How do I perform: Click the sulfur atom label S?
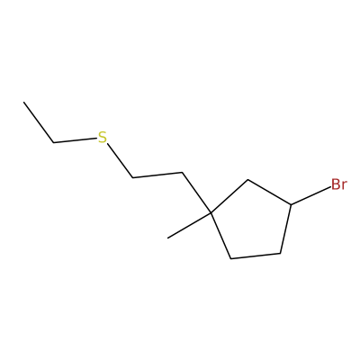(x=103, y=138)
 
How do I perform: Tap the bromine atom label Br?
(x=339, y=184)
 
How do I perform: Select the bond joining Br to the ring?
(x=310, y=196)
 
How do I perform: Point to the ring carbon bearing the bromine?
(x=291, y=204)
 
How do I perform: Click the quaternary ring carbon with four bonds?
(x=211, y=213)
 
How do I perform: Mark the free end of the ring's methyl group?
(x=168, y=238)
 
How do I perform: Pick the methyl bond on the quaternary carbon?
(x=189, y=226)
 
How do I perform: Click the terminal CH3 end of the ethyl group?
(x=23, y=102)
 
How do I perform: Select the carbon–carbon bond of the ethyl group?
(x=39, y=122)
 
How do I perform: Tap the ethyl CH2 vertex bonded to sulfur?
(x=54, y=142)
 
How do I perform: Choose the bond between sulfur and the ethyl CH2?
(x=76, y=140)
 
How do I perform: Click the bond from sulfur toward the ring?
(x=120, y=161)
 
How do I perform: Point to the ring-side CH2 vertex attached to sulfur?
(x=133, y=178)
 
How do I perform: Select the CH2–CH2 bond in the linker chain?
(x=157, y=175)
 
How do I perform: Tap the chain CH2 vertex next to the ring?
(x=182, y=173)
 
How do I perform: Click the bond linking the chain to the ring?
(x=196, y=193)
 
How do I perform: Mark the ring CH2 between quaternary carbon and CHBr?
(x=247, y=180)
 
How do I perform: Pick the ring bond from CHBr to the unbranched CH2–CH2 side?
(x=285, y=229)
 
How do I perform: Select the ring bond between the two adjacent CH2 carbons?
(x=256, y=256)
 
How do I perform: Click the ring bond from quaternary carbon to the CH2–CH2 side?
(x=220, y=236)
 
